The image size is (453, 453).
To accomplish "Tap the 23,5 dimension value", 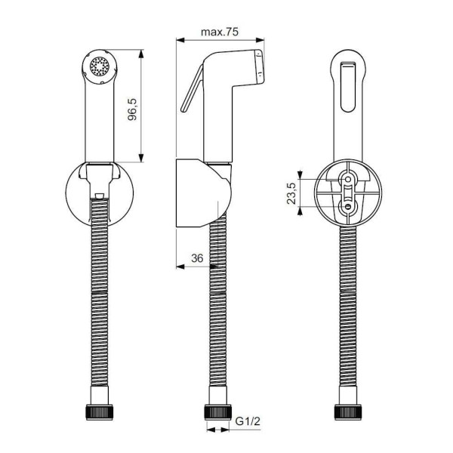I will pos(291,193).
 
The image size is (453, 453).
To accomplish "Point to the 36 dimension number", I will pos(198,258).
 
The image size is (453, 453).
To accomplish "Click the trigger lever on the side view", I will pos(191,89).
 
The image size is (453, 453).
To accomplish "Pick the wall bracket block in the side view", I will pos(194,193).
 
